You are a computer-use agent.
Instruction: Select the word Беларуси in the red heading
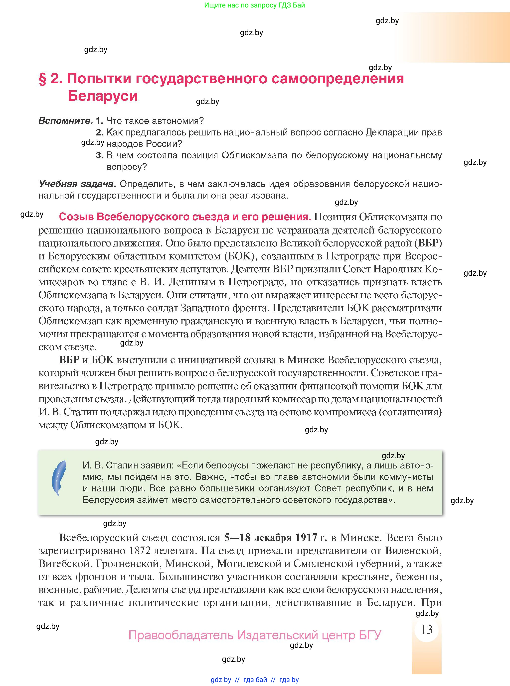[103, 96]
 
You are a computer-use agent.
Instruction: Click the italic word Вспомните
[65, 121]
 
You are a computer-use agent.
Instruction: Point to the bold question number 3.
[99, 155]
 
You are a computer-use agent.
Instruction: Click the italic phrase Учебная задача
[77, 184]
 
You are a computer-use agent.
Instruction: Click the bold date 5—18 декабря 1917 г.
[275, 538]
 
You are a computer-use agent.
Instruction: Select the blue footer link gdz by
[221, 680]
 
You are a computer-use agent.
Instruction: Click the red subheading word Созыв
[76, 217]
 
